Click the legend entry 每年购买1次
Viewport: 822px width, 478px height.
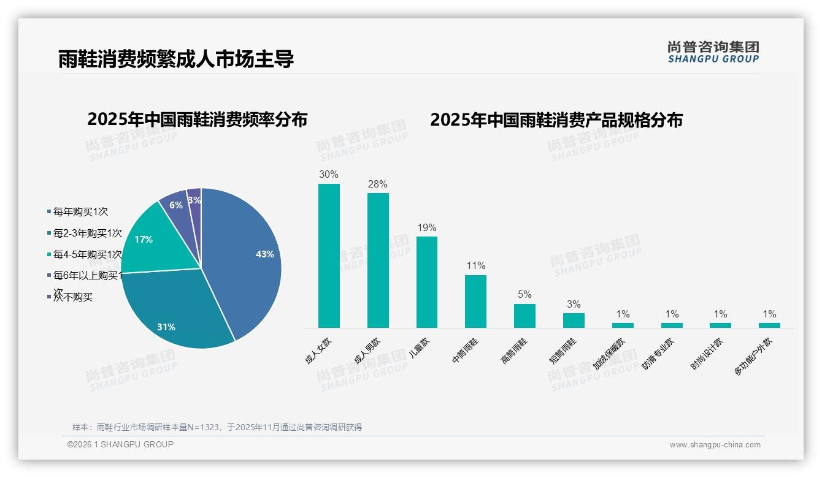click(x=80, y=212)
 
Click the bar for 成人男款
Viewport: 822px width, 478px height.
click(x=378, y=260)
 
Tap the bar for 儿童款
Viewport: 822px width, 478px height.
click(x=427, y=282)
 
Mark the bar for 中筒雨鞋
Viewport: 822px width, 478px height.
click(x=475, y=301)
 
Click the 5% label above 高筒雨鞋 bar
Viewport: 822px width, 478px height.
click(x=524, y=294)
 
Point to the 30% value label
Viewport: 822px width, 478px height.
click(x=329, y=174)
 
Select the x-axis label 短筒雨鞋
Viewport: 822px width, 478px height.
click(x=563, y=351)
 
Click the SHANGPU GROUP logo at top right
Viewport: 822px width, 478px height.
click(x=713, y=52)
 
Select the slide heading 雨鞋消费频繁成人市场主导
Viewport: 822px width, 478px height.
click(x=176, y=59)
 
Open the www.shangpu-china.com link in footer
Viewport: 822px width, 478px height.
click(x=715, y=445)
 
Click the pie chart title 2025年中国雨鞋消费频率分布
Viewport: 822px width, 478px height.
click(x=197, y=120)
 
